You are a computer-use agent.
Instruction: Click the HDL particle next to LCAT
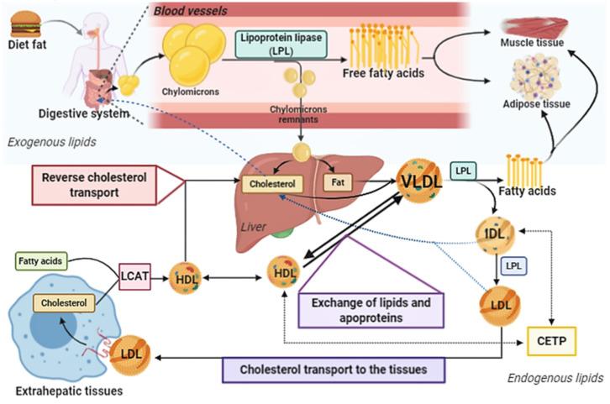(x=184, y=276)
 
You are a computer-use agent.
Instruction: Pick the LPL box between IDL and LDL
(x=513, y=265)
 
